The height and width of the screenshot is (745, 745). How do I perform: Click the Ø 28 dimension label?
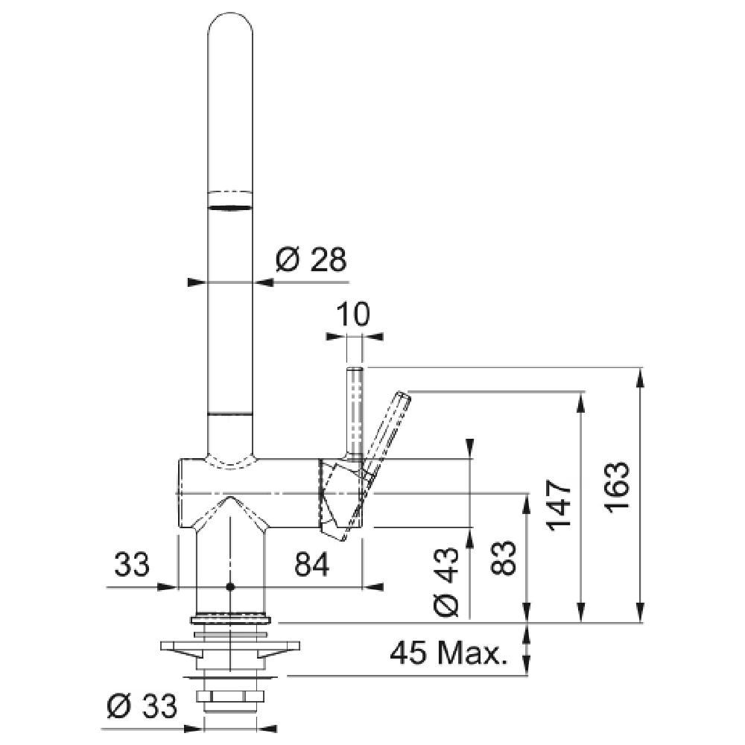click(311, 259)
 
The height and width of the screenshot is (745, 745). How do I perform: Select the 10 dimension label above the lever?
click(352, 314)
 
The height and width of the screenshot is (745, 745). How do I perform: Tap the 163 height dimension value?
click(617, 486)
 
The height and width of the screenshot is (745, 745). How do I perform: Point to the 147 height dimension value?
click(558, 505)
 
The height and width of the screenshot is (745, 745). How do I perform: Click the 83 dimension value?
click(503, 558)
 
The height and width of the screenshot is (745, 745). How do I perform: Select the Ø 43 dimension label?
click(446, 582)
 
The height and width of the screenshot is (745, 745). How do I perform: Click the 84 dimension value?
click(311, 565)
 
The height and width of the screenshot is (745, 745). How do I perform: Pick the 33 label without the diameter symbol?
click(132, 565)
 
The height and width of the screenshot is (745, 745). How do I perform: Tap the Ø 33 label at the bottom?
click(142, 706)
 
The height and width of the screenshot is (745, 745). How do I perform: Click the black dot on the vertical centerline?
click(230, 587)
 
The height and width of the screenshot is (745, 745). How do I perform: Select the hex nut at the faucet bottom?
click(230, 697)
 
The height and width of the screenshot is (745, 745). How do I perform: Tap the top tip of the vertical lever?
click(355, 368)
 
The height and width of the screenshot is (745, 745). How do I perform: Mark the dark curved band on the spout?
click(230, 208)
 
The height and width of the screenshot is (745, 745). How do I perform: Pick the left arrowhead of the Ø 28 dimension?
click(197, 282)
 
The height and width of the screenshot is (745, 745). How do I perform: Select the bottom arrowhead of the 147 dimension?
click(580, 612)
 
